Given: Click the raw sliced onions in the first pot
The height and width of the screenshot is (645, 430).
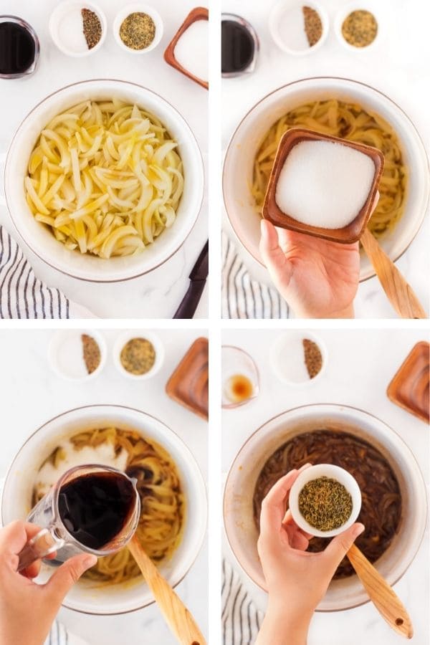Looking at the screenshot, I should click(x=104, y=179).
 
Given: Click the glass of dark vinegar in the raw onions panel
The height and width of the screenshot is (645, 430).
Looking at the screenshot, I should click(x=17, y=47).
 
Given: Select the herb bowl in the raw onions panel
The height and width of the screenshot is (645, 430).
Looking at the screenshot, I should click(x=138, y=30).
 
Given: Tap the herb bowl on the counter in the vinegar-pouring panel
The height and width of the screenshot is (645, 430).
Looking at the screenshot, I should click(x=138, y=355).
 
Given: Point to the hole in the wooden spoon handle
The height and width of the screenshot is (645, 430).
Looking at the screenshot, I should click(x=398, y=623).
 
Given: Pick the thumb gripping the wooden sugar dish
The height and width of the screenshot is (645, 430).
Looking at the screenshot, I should click(x=270, y=240).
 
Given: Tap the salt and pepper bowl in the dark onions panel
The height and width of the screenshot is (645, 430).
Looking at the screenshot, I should click(x=300, y=358).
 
